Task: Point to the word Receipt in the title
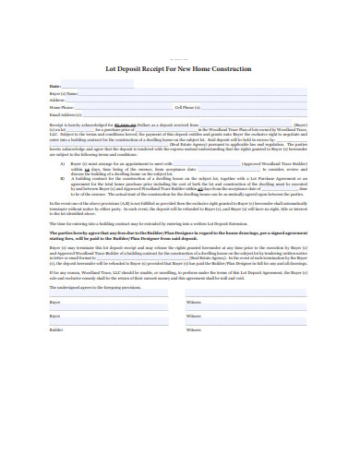tap(154, 67)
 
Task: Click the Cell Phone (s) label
tap(189, 108)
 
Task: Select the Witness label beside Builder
tap(192, 329)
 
